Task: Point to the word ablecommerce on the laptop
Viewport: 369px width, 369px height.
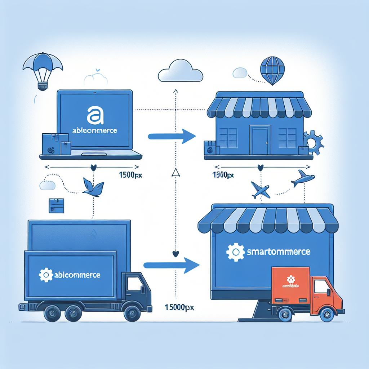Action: pyautogui.click(x=94, y=130)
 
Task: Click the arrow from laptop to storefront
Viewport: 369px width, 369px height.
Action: pyautogui.click(x=172, y=136)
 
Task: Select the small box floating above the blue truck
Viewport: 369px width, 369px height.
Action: pyautogui.click(x=56, y=205)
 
